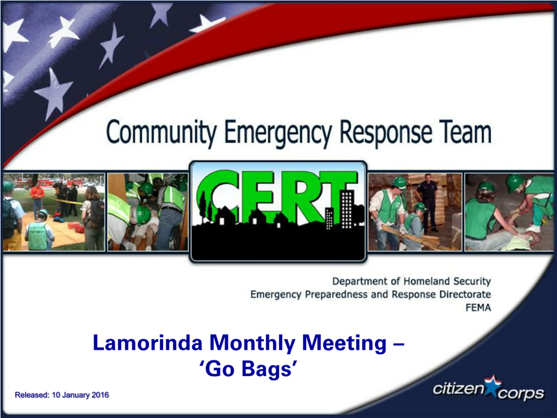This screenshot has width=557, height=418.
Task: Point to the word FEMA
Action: tap(478, 308)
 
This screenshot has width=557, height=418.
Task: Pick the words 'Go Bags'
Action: tap(248, 369)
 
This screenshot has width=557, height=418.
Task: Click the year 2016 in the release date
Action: tap(100, 395)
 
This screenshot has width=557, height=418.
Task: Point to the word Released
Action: tap(32, 395)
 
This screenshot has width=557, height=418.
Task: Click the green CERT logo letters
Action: tap(277, 197)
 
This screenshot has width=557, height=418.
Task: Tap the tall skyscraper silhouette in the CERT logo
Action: tap(347, 210)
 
